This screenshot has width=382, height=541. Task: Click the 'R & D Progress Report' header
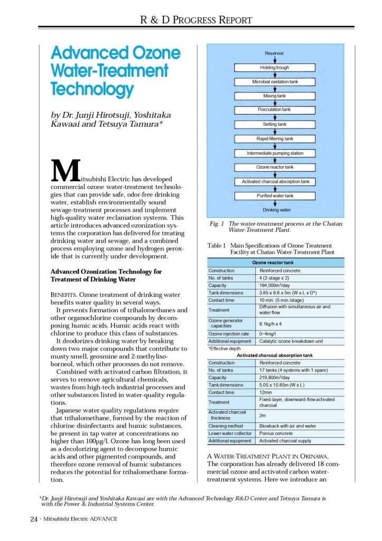click(x=196, y=20)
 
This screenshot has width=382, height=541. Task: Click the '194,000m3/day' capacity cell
click(x=276, y=285)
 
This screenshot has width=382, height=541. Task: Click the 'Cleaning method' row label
click(x=225, y=426)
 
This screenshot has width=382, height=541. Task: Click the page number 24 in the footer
click(x=33, y=519)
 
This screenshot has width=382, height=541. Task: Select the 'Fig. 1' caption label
click(x=215, y=224)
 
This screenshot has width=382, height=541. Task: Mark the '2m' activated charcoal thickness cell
click(x=263, y=415)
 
